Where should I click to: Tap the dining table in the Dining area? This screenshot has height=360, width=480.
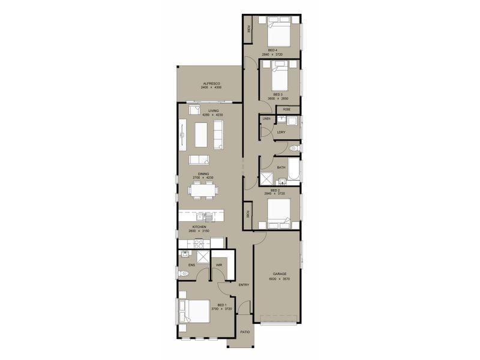click(x=202, y=190)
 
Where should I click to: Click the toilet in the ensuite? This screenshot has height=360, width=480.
click(x=184, y=274)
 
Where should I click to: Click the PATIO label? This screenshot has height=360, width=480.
click(x=245, y=331)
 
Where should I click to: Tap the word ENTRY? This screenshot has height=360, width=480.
click(x=243, y=285)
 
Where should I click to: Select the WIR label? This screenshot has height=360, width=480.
click(x=220, y=264)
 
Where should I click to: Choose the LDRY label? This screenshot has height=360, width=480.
click(x=281, y=132)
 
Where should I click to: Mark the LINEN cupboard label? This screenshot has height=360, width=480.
click(x=266, y=119)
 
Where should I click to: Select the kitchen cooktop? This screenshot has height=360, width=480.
click(x=198, y=243)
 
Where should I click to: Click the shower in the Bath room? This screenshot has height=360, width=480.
click(x=265, y=178)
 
